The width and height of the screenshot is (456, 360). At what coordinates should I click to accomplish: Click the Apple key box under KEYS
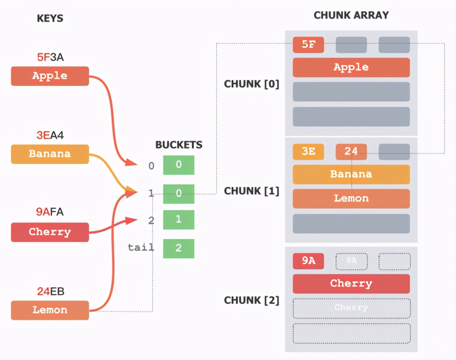click(50, 76)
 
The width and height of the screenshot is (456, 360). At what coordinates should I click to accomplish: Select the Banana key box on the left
click(50, 154)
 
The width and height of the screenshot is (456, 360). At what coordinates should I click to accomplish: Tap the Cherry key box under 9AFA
click(50, 232)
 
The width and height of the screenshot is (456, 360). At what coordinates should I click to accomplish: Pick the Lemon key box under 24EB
click(50, 310)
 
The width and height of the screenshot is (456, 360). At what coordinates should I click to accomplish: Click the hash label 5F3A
click(51, 58)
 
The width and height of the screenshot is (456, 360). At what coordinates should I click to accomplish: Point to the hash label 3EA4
click(51, 135)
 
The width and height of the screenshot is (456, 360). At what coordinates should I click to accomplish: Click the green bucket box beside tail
click(179, 248)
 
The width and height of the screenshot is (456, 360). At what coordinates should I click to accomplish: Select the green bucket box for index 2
click(179, 219)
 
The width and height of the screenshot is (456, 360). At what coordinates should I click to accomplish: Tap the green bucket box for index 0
click(179, 165)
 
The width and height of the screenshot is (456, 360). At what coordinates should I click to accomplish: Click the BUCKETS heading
click(179, 145)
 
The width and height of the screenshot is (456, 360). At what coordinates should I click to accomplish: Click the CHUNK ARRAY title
click(351, 15)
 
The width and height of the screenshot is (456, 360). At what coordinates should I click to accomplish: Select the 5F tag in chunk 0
click(308, 45)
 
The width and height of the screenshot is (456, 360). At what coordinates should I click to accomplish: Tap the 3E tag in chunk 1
click(308, 152)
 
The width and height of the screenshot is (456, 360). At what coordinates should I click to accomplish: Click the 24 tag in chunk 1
click(351, 152)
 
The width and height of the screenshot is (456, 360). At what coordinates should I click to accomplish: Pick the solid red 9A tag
click(308, 261)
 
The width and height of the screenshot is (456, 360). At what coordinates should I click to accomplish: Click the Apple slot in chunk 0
click(351, 67)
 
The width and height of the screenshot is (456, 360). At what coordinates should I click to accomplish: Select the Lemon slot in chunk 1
click(351, 198)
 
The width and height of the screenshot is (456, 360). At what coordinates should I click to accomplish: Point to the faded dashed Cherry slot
click(351, 308)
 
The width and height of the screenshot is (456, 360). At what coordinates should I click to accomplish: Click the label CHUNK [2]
click(252, 300)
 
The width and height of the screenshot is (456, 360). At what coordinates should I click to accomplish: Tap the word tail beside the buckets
click(141, 248)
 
